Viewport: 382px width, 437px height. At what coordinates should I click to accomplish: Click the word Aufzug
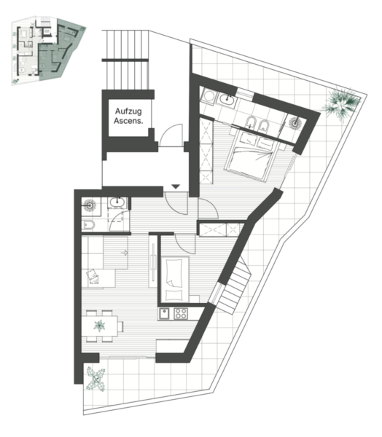[x=128, y=111]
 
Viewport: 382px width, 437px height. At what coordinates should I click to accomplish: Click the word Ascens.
[x=128, y=121]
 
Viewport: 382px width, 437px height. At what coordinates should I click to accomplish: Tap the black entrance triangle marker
[x=176, y=186]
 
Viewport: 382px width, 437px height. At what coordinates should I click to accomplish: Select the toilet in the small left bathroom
[x=89, y=224]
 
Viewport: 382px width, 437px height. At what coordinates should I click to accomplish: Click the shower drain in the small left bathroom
[x=90, y=205]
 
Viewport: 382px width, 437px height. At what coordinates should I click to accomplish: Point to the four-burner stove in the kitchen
[x=181, y=313]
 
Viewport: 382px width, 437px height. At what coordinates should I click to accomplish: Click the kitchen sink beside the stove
[x=164, y=313]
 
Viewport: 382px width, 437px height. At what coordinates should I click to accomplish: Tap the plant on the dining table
[x=99, y=326]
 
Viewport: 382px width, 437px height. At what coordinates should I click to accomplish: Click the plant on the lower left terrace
[x=95, y=379]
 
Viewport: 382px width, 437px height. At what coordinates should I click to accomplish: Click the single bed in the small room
[x=175, y=279]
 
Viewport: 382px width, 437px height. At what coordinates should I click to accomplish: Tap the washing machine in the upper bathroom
[x=208, y=97]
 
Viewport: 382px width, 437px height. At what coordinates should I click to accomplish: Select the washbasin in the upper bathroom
[x=227, y=100]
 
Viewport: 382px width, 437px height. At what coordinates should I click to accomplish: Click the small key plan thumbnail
[x=48, y=51]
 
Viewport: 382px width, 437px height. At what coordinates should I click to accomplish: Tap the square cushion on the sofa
[x=93, y=277]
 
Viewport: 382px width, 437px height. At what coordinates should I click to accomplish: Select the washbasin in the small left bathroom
[x=118, y=202]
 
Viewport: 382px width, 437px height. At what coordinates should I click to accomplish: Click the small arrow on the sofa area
[x=125, y=253]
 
